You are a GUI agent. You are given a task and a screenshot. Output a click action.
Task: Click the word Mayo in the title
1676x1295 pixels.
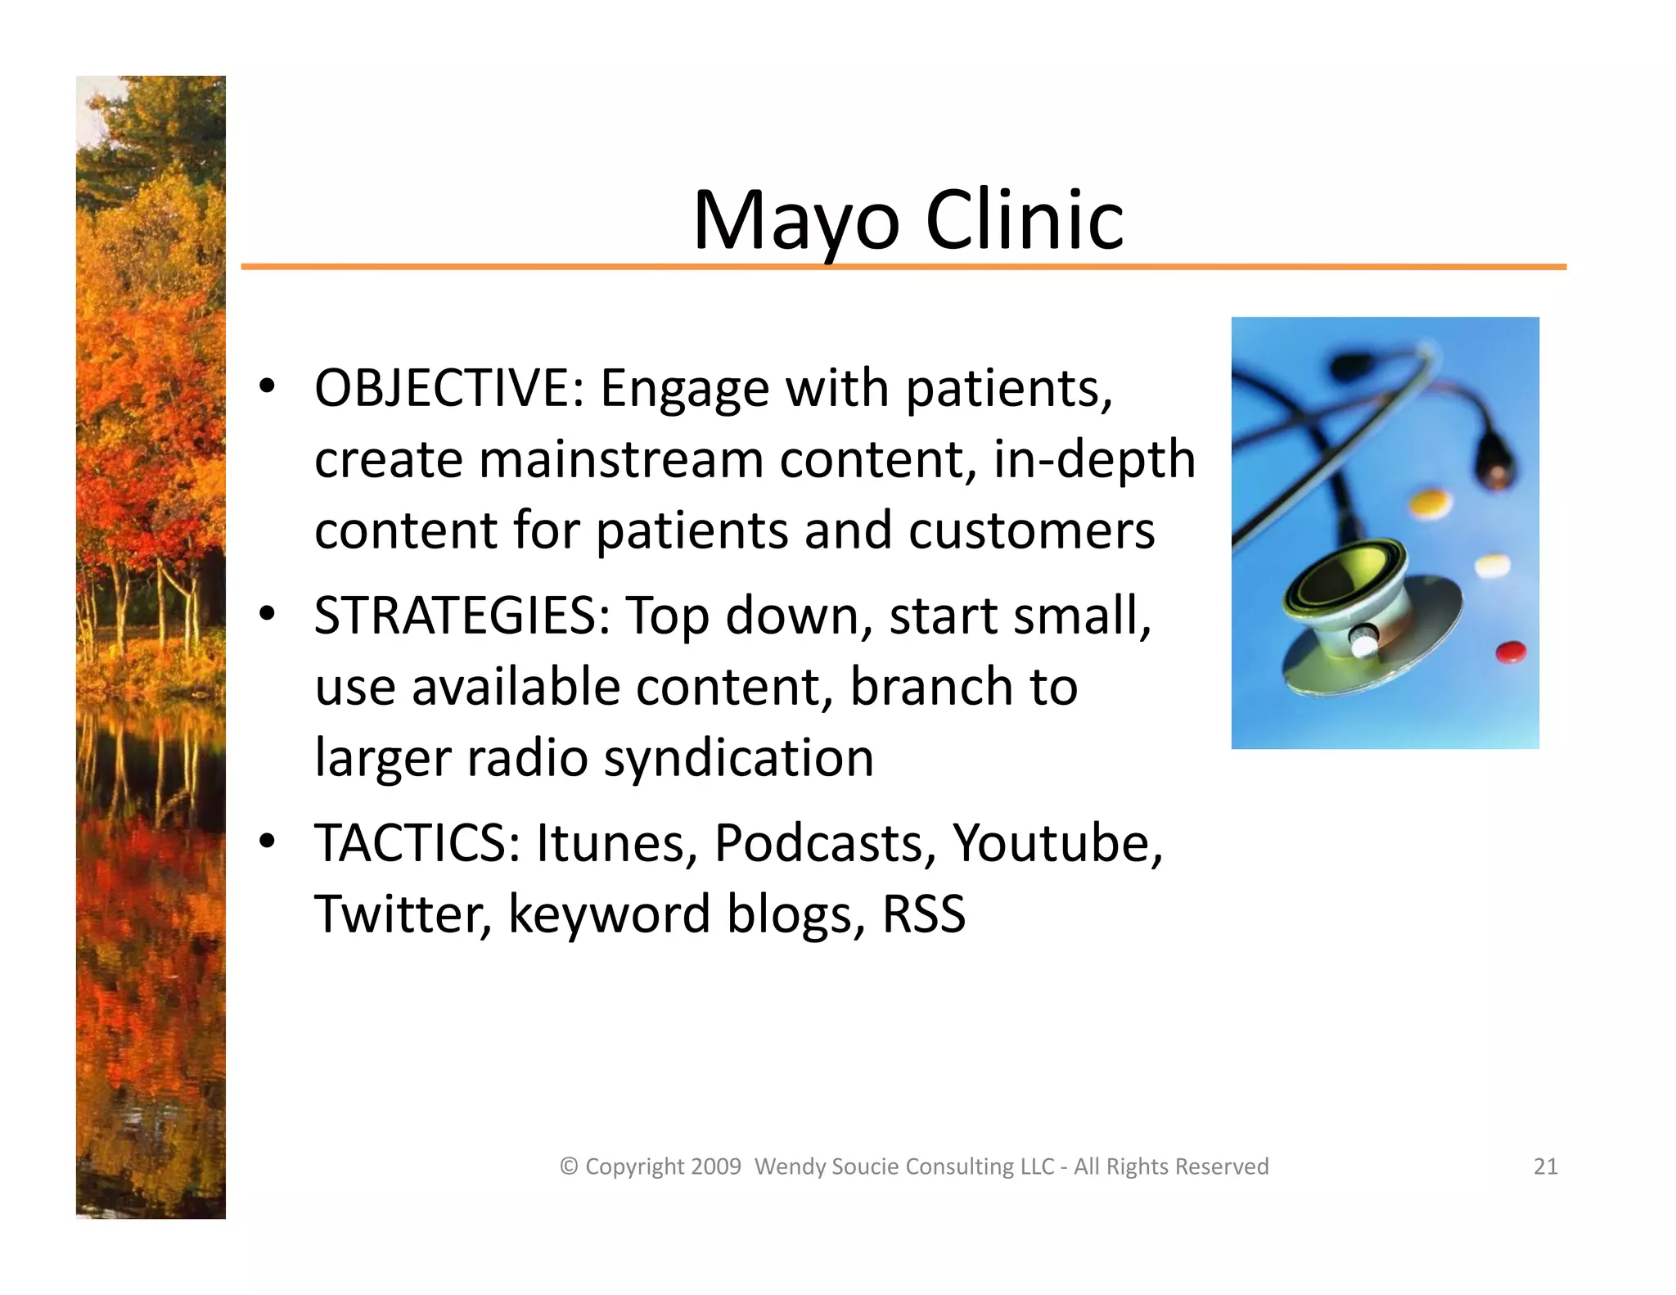(x=795, y=220)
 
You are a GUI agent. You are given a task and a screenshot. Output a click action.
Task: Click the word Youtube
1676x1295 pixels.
(x=1056, y=843)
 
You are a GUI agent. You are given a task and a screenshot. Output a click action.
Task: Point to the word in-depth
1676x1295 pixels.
(x=1094, y=459)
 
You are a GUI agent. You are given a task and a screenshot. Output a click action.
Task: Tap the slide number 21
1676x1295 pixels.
(x=1545, y=1166)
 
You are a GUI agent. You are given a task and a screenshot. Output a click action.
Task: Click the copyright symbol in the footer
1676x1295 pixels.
(x=569, y=1166)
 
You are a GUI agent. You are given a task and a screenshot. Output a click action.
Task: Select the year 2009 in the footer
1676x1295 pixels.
(x=715, y=1166)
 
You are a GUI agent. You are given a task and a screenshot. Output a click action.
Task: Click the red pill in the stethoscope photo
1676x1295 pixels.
(x=1511, y=652)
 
